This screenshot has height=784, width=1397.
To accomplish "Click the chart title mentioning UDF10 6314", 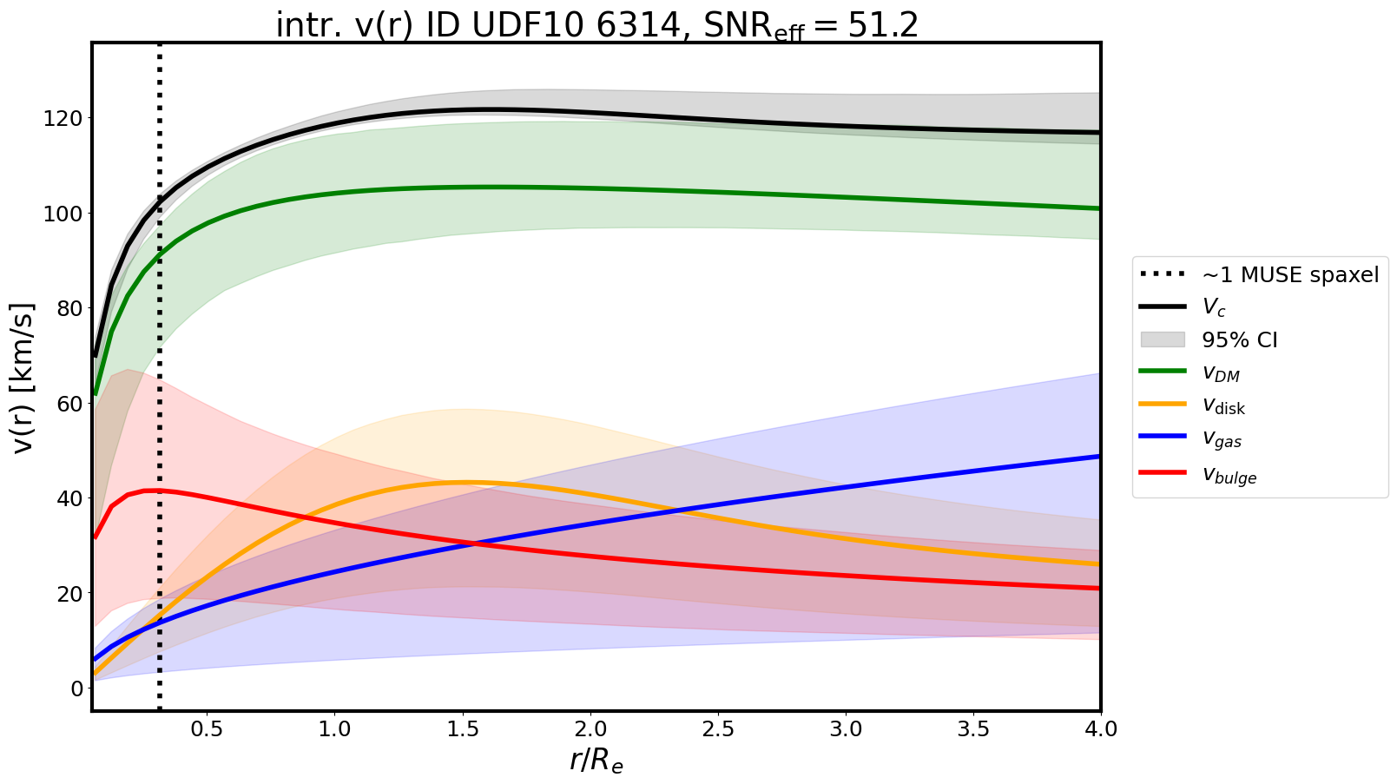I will tap(596, 25).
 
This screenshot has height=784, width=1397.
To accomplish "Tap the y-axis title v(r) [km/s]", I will tap(23, 377).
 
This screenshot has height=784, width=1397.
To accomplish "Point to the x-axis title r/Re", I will tap(596, 760).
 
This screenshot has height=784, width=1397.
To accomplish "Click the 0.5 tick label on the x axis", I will tap(207, 728).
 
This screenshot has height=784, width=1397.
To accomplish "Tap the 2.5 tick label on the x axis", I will tap(718, 728).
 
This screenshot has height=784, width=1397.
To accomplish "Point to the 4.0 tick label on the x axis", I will tap(1100, 728).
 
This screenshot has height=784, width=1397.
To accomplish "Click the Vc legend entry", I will tap(1213, 307).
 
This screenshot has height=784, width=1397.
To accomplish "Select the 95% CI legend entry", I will tap(1239, 339).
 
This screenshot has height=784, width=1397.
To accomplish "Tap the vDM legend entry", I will tap(1220, 373).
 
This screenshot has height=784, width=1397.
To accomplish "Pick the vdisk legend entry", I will tap(1223, 405).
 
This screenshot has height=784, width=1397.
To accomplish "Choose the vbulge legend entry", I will tap(1229, 474).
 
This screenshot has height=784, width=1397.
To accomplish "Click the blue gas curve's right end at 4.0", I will tap(1098, 457).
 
